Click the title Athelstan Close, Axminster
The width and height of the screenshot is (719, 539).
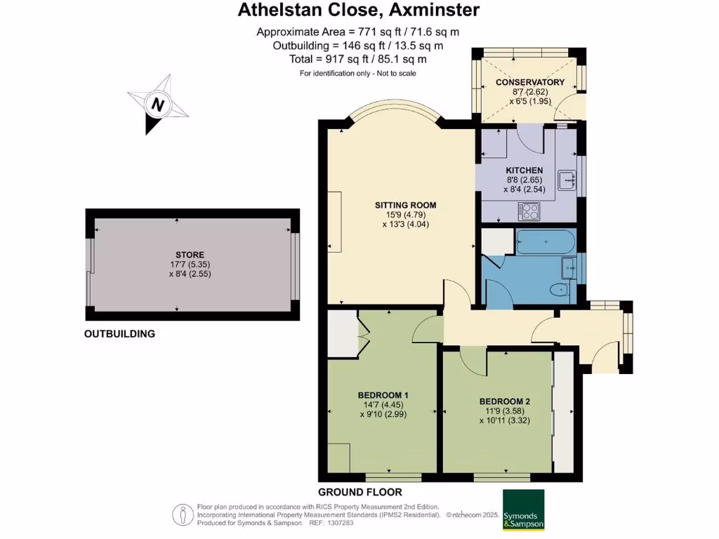359,10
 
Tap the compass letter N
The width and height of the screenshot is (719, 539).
159,105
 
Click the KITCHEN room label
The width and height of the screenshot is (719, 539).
525,171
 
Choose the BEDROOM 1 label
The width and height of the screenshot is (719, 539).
383,394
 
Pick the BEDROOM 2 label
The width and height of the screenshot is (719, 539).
504,401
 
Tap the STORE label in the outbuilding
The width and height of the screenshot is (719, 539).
190,255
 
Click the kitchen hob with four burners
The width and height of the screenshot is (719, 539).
529,210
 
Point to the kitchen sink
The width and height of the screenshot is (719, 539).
567,180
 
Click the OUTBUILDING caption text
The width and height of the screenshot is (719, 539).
119,334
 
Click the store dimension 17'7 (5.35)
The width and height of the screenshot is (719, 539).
190,265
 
